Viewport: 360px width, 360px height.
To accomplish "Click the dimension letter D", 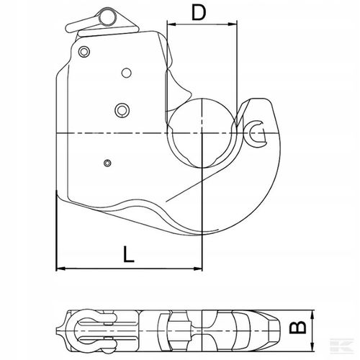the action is (x=199, y=12).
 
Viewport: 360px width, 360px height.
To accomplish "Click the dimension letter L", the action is (x=128, y=254).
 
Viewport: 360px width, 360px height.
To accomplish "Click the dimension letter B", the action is (x=297, y=328).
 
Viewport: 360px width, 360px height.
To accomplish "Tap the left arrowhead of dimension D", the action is (x=171, y=24).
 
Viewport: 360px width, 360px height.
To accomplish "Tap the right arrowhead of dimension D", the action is (x=233, y=24).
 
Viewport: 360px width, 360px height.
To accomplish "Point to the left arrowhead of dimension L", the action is (x=60, y=269).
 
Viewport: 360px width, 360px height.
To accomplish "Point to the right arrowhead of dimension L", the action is (x=198, y=269).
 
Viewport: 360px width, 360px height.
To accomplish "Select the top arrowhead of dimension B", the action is (x=312, y=315).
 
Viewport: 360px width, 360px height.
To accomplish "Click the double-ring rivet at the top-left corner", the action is (x=84, y=51).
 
